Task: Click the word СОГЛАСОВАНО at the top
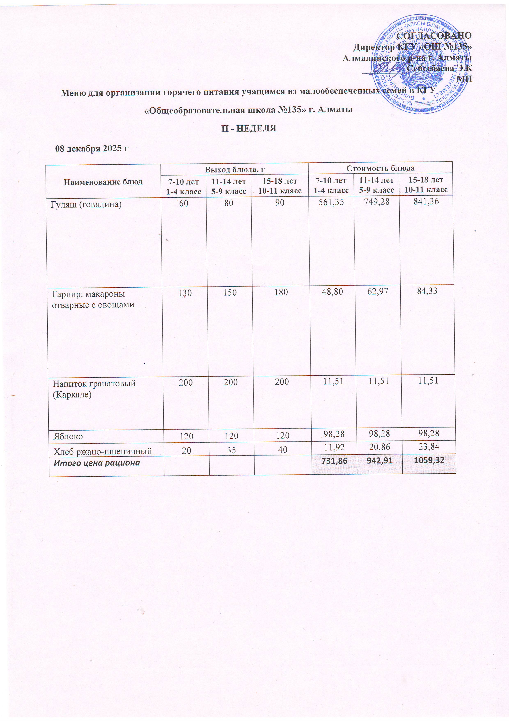point(434,36)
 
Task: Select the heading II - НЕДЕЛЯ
point(249,128)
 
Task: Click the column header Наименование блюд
point(103,181)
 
